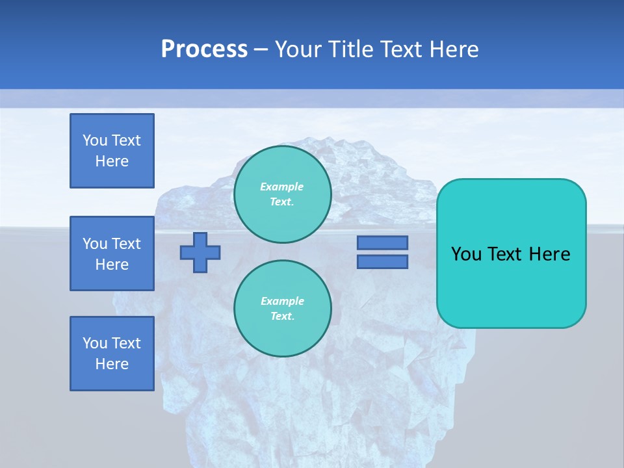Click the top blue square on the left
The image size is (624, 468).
pyautogui.click(x=112, y=151)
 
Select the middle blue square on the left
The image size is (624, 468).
pyautogui.click(x=112, y=253)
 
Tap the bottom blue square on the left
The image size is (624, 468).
pyautogui.click(x=112, y=354)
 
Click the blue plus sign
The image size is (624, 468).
pyautogui.click(x=200, y=252)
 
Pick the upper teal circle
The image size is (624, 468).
pyautogui.click(x=283, y=194)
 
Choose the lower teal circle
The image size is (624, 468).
pyautogui.click(x=283, y=308)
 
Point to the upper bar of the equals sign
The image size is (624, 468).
pyautogui.click(x=382, y=242)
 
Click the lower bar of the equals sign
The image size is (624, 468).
pyautogui.click(x=382, y=262)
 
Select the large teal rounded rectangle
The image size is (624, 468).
pyautogui.click(x=511, y=253)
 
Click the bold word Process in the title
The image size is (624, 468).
pyautogui.click(x=204, y=49)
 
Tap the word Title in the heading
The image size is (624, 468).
pyautogui.click(x=352, y=49)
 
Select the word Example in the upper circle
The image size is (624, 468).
pyautogui.click(x=282, y=187)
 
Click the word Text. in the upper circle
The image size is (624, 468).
pyautogui.click(x=282, y=201)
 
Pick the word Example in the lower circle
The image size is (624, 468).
pyautogui.click(x=282, y=301)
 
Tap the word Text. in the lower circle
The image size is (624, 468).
pyautogui.click(x=282, y=316)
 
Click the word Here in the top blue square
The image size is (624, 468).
pyautogui.click(x=112, y=161)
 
